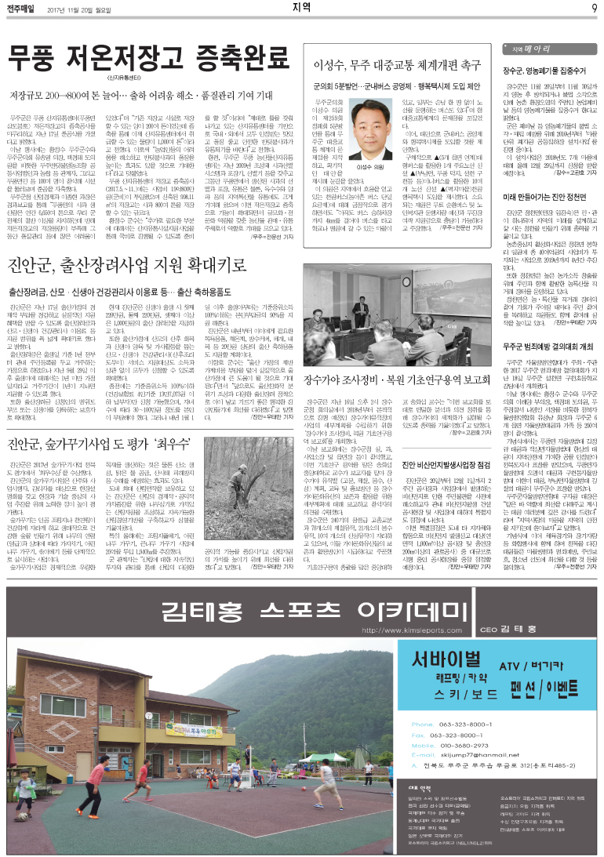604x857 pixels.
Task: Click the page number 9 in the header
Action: tap(595, 9)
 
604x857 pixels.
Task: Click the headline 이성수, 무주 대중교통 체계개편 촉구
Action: tap(396, 65)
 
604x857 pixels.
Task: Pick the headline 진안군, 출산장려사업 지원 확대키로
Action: tap(140, 265)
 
